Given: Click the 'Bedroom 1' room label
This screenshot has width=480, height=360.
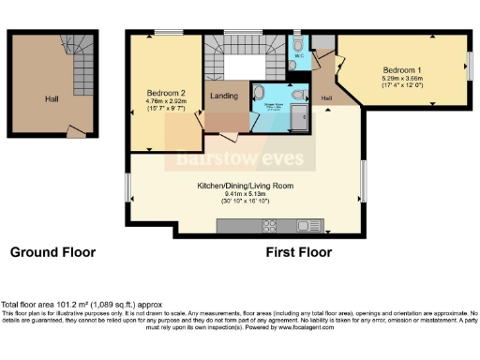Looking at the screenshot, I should pyautogui.click(x=401, y=70).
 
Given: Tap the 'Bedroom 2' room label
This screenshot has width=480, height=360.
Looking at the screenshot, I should pyautogui.click(x=165, y=93).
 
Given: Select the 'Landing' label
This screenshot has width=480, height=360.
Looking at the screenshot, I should pyautogui.click(x=223, y=97).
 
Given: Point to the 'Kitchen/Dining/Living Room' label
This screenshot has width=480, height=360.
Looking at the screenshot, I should pyautogui.click(x=245, y=186).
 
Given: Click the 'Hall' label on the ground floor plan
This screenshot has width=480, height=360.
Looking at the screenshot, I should pyautogui.click(x=52, y=97).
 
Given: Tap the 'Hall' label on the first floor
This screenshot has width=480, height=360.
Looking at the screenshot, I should pyautogui.click(x=327, y=97).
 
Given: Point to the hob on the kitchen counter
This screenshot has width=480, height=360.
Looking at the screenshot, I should pyautogui.click(x=270, y=225).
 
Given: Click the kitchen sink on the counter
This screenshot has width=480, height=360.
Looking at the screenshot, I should pyautogui.click(x=306, y=225).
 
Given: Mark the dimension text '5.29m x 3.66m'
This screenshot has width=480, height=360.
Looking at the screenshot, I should pyautogui.click(x=401, y=79).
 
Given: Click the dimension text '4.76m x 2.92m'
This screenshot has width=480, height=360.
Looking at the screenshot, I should pyautogui.click(x=165, y=101).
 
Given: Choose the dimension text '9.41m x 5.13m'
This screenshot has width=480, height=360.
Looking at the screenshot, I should pyautogui.click(x=245, y=194).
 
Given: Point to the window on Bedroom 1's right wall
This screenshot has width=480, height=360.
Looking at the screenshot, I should pyautogui.click(x=471, y=67).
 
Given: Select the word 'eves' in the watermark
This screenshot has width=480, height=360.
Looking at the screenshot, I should pyautogui.click(x=300, y=159).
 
